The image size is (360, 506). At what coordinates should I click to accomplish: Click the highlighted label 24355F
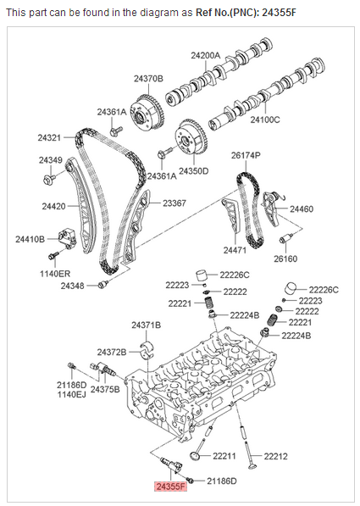tap(169, 487)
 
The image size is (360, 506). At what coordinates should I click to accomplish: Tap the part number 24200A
tap(205, 56)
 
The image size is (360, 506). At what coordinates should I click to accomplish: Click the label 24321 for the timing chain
tap(49, 137)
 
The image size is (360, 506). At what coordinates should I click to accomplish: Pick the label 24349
tap(50, 160)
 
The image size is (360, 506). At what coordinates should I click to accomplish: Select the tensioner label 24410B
tap(30, 240)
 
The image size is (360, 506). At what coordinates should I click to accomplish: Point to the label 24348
tap(73, 286)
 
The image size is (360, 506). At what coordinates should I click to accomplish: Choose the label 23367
tap(174, 203)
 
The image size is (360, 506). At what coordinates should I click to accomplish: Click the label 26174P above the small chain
tap(246, 156)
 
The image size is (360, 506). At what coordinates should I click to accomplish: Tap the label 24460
tap(302, 209)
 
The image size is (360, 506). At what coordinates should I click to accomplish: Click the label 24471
tap(235, 251)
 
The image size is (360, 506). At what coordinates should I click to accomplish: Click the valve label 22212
tap(276, 457)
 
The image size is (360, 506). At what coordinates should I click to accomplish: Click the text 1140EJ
tap(72, 395)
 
